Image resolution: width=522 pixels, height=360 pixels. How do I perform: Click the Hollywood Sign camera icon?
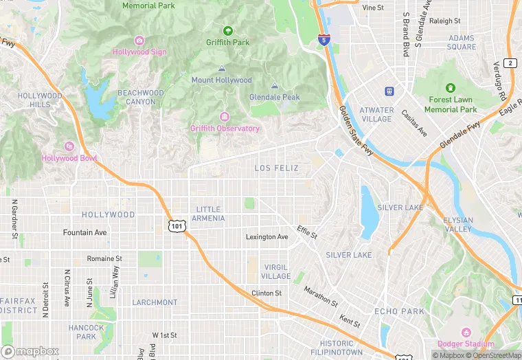pyautogui.click(x=139, y=41)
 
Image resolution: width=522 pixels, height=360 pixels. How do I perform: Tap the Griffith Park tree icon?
pyautogui.click(x=227, y=31)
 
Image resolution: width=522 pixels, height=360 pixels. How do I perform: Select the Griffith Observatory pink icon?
pyautogui.click(x=224, y=117)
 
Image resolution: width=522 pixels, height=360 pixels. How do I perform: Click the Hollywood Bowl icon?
pyautogui.click(x=69, y=146)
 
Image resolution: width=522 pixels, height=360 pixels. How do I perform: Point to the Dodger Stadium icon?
pyautogui.click(x=466, y=333)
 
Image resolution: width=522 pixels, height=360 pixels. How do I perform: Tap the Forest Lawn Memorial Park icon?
pyautogui.click(x=450, y=89)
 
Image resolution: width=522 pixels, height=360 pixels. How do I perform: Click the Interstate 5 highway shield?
pyautogui.click(x=324, y=40)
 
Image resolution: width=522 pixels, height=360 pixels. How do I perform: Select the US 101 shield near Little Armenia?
pyautogui.click(x=177, y=225)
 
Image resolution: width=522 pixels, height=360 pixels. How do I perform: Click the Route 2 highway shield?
pyautogui.click(x=510, y=63)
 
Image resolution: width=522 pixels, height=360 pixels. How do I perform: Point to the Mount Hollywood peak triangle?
pyautogui.click(x=221, y=69)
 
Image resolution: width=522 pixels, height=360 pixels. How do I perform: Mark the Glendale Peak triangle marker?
pyautogui.click(x=274, y=86)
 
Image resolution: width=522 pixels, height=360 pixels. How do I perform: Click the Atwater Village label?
pyautogui.click(x=377, y=114)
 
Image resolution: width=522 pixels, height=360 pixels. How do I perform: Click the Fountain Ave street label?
pyautogui.click(x=84, y=233)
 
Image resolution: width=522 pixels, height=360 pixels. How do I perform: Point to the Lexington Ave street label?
pyautogui.click(x=267, y=237)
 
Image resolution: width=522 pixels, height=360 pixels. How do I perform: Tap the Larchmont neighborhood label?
pyautogui.click(x=155, y=302)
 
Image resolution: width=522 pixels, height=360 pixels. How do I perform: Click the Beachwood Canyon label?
pyautogui.click(x=141, y=97)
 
